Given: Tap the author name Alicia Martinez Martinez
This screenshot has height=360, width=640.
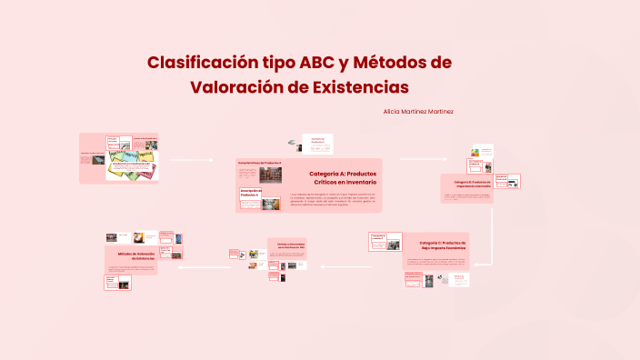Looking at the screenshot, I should point(419,111).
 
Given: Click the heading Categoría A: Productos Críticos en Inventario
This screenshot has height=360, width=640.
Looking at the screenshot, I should point(342,177).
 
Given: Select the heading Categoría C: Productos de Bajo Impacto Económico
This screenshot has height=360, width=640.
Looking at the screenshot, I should point(443,245).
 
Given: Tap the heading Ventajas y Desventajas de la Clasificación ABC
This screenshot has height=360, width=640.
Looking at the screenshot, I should point(286,247).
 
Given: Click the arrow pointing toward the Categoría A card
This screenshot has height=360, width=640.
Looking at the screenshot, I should point(192,160).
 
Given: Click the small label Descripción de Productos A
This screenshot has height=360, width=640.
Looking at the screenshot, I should point(249,193).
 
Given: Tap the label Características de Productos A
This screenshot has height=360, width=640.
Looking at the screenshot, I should point(260,161).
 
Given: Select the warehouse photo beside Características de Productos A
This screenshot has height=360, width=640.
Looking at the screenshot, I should point(270,175).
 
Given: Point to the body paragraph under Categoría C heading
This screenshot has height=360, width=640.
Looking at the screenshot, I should point(435,263).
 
